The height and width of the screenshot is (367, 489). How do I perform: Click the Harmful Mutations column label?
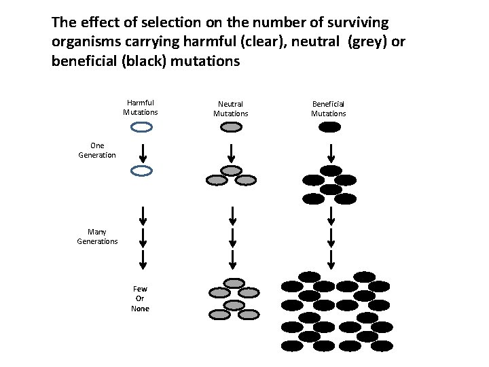[x=140, y=107]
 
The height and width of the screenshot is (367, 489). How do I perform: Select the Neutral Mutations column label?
[x=231, y=109]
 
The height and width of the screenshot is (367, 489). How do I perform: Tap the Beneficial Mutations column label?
[x=329, y=109]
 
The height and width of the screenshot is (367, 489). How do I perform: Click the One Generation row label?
[x=97, y=150]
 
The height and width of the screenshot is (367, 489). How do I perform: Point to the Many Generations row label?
[x=97, y=237]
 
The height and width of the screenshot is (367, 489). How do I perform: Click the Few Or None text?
[x=140, y=299]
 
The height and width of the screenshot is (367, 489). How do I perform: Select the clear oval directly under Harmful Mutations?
[x=141, y=127]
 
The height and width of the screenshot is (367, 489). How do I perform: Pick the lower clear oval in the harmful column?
[x=141, y=171]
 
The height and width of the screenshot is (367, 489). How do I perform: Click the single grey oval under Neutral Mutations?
[x=232, y=127]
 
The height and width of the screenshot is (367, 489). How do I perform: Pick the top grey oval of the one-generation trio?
[x=232, y=171]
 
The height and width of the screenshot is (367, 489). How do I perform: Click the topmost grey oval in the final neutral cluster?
[x=234, y=283]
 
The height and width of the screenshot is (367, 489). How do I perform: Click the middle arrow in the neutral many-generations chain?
[x=232, y=237]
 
